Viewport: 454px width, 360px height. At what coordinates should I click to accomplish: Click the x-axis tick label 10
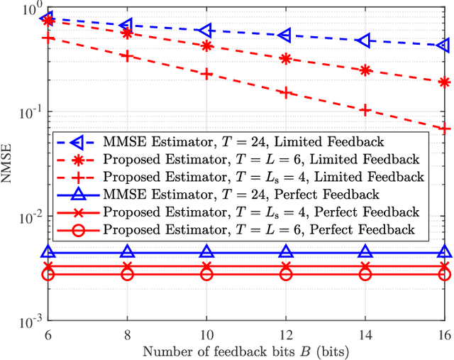coord(206,334)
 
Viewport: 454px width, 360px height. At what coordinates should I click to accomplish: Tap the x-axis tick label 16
coord(444,334)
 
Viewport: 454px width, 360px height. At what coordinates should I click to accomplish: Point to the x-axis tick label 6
coord(48,334)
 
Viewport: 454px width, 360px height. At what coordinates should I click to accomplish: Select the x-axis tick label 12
coord(285,334)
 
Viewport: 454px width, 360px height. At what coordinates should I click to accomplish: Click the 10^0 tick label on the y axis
coord(28,10)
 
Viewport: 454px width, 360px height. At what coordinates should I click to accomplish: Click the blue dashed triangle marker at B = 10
coord(206,31)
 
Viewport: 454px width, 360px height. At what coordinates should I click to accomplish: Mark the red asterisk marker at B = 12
coord(285,59)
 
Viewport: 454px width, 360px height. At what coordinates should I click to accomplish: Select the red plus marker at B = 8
coord(127,55)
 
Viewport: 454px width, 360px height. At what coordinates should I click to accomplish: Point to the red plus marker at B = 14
coord(365,110)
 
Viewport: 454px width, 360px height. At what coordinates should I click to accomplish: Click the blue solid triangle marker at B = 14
coord(365,251)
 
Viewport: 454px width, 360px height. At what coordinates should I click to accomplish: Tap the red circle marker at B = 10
coord(206,274)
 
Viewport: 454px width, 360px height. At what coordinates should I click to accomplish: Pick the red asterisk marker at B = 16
coord(444,82)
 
